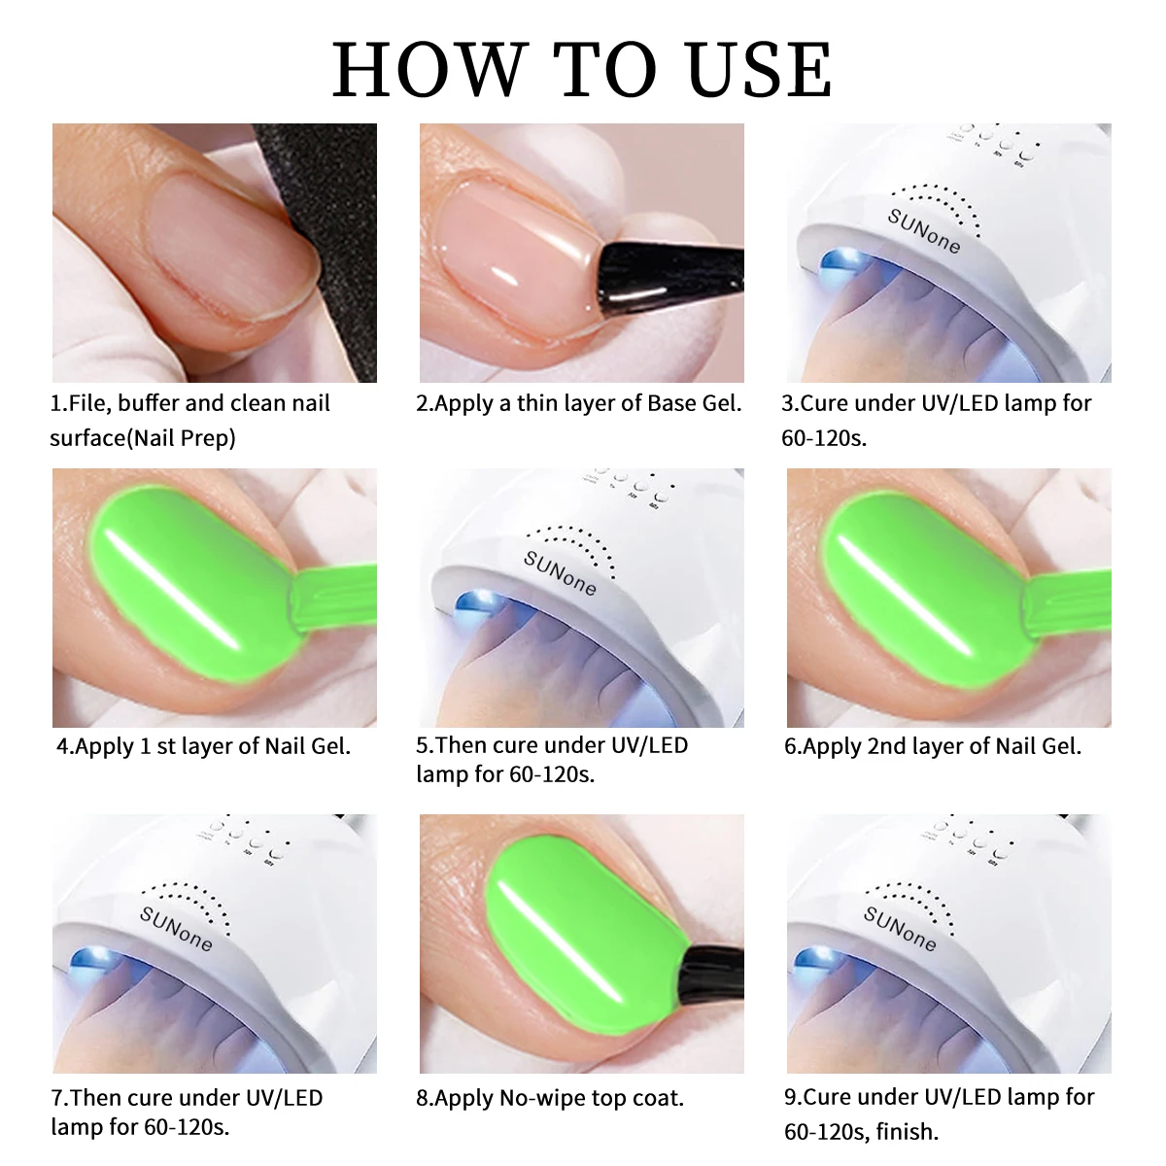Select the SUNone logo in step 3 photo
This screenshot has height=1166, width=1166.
pyautogui.click(x=924, y=229)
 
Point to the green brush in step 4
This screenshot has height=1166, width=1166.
pyautogui.click(x=330, y=602)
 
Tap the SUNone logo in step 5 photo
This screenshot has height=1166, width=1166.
pyautogui.click(x=560, y=573)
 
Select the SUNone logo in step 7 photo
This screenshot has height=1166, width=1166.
pyautogui.click(x=176, y=928)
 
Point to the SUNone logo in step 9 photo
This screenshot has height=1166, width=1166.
pyautogui.click(x=900, y=928)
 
